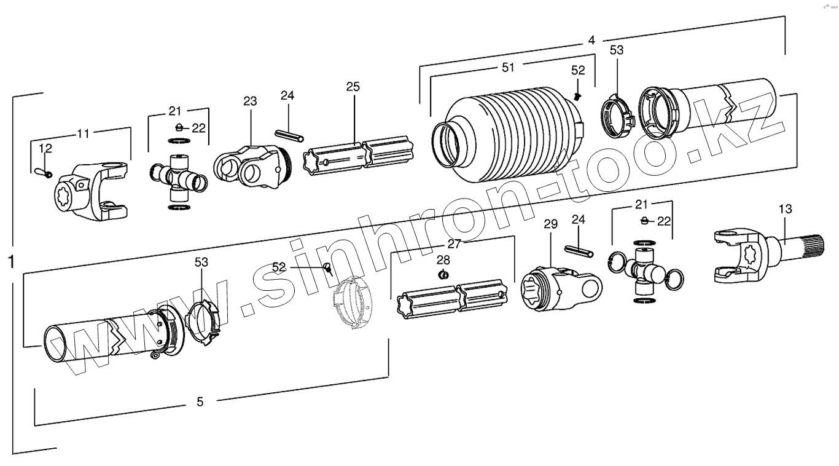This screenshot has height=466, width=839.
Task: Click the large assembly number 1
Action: [x=10, y=263]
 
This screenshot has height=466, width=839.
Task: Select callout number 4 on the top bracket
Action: [x=591, y=41]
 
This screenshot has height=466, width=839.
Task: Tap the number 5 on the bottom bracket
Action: [x=200, y=402]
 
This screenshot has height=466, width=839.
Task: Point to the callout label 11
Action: [x=83, y=133]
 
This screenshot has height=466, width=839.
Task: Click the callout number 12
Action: [x=45, y=148]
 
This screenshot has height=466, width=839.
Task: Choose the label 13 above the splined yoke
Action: [x=785, y=209]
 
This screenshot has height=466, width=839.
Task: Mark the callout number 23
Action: [x=250, y=101]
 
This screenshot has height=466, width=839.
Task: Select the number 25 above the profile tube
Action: [x=353, y=86]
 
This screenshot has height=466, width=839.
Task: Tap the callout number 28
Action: [x=443, y=259]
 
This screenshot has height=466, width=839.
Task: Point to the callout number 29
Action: [x=550, y=224]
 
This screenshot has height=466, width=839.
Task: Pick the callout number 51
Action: [x=508, y=68]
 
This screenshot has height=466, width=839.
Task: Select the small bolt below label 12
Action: [x=45, y=172]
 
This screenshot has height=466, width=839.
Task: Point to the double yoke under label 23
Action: [x=249, y=166]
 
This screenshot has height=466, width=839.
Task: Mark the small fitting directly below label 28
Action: [x=442, y=274]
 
